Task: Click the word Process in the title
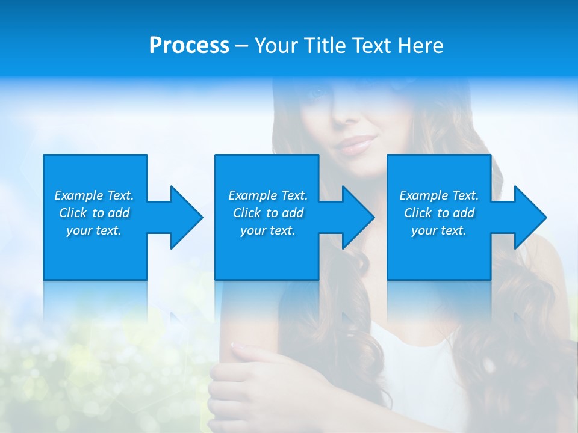pyautogui.click(x=189, y=46)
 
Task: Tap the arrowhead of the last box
pyautogui.click(x=527, y=217)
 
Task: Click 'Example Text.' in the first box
pyautogui.click(x=94, y=195)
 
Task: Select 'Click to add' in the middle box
pyautogui.click(x=268, y=213)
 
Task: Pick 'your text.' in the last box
pyautogui.click(x=439, y=230)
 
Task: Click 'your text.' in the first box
pyautogui.click(x=94, y=230)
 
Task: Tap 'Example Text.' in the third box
pyautogui.click(x=439, y=195)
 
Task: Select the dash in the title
pyautogui.click(x=241, y=46)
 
